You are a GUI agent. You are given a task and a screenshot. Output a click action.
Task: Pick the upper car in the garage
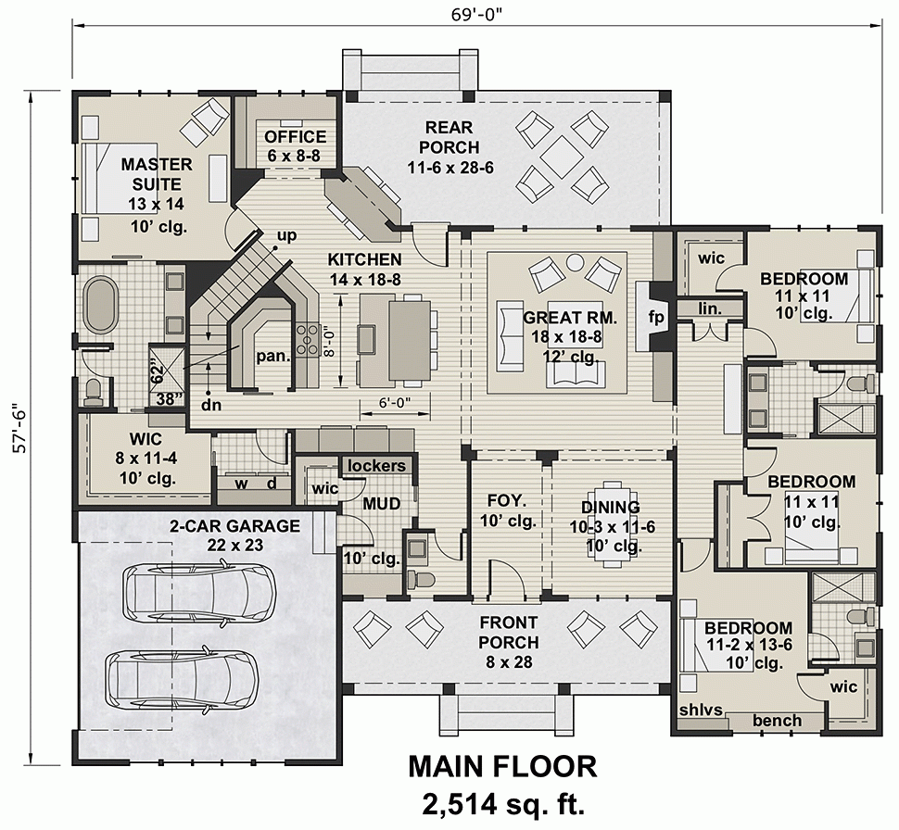click(x=199, y=591)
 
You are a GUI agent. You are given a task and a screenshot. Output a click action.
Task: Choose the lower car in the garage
click(x=181, y=676)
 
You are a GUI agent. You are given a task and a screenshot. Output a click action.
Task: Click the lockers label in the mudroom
click(x=376, y=465)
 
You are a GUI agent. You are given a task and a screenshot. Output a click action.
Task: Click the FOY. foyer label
click(x=507, y=501)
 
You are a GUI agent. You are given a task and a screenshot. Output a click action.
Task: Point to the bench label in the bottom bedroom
click(x=777, y=721)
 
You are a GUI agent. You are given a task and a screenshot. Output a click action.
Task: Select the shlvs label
click(x=702, y=711)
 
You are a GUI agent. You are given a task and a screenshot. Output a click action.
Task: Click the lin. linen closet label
click(x=710, y=308)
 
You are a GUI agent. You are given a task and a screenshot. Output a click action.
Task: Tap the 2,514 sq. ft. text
click(x=502, y=802)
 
